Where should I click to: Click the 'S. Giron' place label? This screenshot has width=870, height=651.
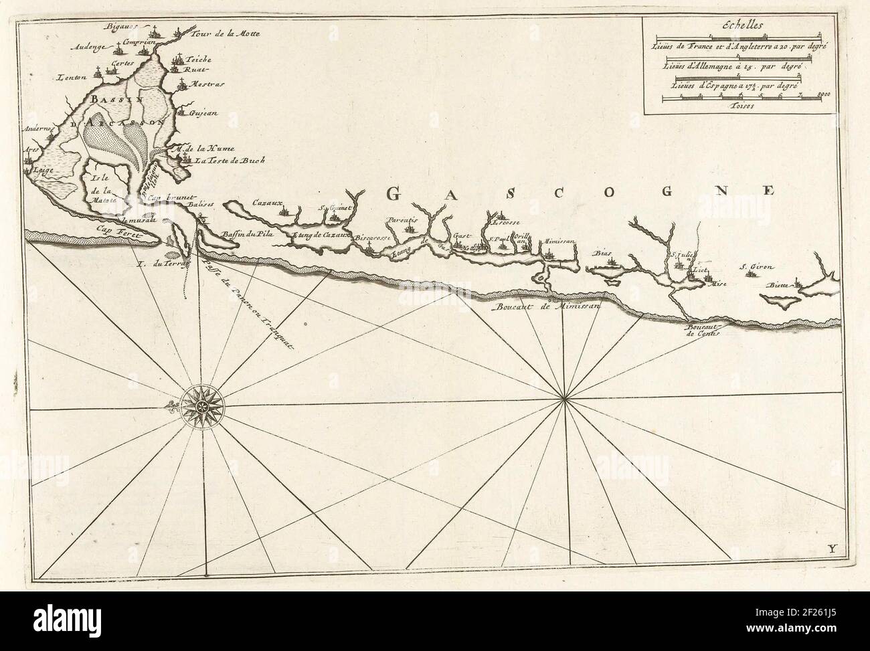[756, 268]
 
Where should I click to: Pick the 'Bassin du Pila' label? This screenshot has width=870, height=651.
[245, 234]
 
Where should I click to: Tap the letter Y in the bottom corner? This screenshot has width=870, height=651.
[832, 550]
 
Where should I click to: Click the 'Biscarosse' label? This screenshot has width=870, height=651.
[371, 238]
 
